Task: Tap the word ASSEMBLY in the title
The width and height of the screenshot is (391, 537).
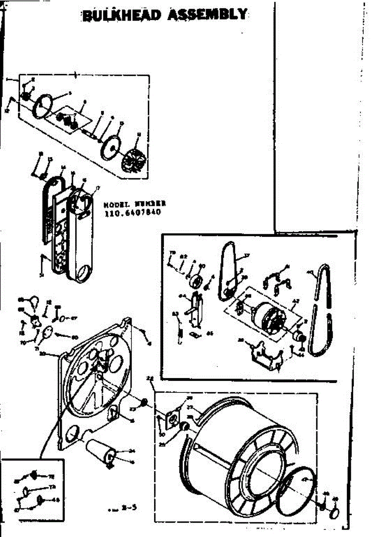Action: coord(206,15)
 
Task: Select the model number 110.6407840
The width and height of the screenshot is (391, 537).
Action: coord(132,213)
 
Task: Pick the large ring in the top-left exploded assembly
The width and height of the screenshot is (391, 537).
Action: coord(43,107)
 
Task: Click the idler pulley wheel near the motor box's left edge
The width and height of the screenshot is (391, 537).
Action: coord(195,282)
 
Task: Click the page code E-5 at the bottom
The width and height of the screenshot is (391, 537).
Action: coord(129,507)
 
